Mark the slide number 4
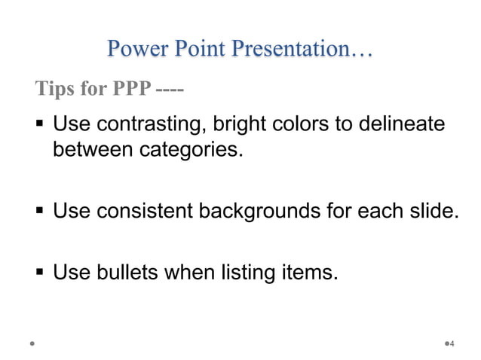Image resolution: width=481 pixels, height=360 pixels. point(452,344)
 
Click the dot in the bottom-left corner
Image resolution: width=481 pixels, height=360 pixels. point(32,343)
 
